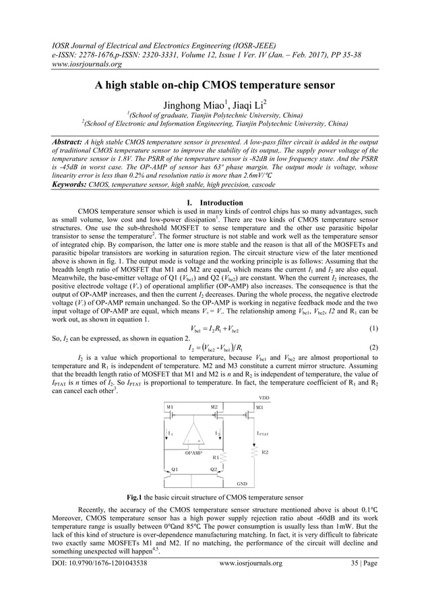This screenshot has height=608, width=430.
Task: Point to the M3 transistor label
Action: point(259,407)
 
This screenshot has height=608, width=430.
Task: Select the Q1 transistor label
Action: point(175,468)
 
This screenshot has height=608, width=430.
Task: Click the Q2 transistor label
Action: point(214,468)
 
